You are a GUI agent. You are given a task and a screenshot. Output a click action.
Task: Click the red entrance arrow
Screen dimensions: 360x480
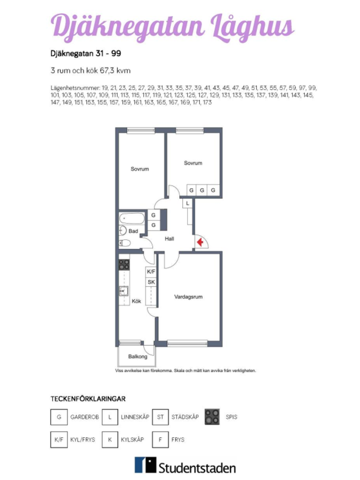click(x=200, y=242)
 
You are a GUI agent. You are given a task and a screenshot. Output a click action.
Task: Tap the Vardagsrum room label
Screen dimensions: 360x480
click(x=188, y=297)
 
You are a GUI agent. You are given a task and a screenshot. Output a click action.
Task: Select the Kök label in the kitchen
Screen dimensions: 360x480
click(x=136, y=301)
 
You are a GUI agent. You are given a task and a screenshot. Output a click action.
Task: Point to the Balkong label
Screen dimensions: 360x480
click(x=138, y=356)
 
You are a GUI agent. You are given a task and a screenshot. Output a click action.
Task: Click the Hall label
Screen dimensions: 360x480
click(x=170, y=239)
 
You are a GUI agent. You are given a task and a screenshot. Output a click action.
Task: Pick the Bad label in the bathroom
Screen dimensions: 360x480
click(x=133, y=231)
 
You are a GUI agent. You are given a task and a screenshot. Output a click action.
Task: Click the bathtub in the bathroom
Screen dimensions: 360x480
click(x=132, y=219)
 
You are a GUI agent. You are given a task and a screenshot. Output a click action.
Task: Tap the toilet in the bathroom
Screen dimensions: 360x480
click(x=125, y=243)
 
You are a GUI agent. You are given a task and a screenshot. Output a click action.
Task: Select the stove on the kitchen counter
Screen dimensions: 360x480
click(x=124, y=265)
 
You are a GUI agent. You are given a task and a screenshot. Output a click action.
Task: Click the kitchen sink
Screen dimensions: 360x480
click(x=123, y=291)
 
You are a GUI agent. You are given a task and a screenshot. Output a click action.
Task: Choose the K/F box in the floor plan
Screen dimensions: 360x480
click(x=151, y=272)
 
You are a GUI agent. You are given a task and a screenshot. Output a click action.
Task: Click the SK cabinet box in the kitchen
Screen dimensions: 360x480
click(x=151, y=282)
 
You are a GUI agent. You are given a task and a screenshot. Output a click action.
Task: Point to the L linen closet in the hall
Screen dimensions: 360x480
click(x=187, y=203)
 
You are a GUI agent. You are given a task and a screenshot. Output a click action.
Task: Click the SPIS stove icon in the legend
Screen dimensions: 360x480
click(x=212, y=417)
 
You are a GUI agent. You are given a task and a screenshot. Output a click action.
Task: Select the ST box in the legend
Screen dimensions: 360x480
click(x=161, y=417)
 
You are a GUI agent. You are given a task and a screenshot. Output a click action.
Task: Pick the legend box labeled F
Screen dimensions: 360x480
click(x=161, y=440)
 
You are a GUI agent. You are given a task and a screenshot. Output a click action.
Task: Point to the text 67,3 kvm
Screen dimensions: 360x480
click(x=115, y=71)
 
